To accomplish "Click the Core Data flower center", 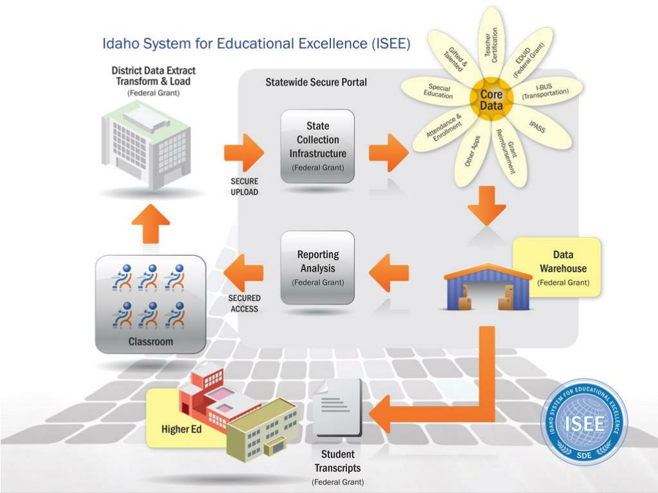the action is tap(492, 100).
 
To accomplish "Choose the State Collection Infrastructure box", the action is tap(317, 146).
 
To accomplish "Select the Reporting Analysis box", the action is tap(317, 267).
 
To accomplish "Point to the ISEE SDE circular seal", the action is tap(583, 422).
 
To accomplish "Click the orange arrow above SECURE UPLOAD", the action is tap(244, 153).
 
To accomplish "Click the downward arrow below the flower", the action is tap(486, 205).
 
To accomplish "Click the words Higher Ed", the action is tap(181, 429).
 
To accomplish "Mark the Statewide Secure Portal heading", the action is tap(316, 82).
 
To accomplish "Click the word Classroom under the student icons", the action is tap(150, 342).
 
